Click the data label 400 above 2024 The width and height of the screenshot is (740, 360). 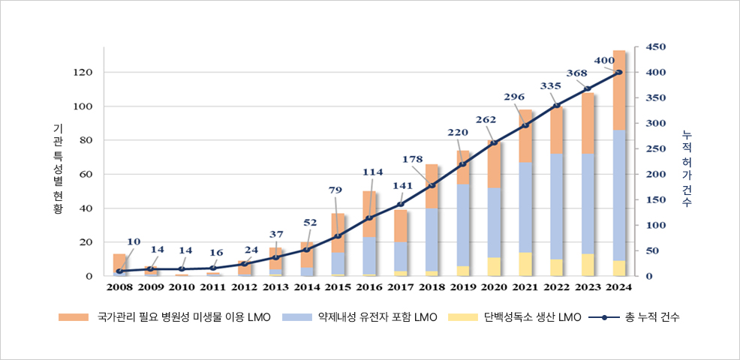coord(603,60)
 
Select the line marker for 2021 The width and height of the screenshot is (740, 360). coord(525,125)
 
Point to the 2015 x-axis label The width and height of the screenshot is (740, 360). coord(338,286)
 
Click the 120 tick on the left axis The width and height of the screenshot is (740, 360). coord(83,72)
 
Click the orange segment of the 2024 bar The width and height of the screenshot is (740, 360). coord(619,90)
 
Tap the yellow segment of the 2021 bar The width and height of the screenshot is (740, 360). coord(525,264)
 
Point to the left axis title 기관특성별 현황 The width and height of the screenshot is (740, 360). coord(58,169)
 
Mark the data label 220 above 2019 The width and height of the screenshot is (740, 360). coord(458,133)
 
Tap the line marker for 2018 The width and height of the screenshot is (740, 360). coord(432,185)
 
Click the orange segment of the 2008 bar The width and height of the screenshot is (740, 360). coord(119,262)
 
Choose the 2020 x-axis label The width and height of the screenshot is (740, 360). coord(494,286)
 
